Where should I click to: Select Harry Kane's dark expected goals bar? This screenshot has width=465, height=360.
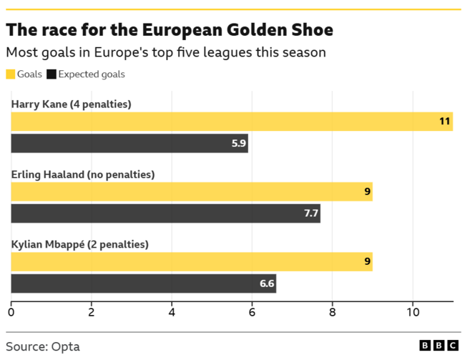point(129,143)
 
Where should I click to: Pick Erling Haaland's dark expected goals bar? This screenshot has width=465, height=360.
point(165,213)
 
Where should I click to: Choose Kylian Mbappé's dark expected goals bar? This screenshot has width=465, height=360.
point(143,283)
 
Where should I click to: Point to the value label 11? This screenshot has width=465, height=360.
point(445,122)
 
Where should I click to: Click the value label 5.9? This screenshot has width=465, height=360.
point(239,143)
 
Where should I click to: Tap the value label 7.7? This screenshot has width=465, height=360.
point(311,213)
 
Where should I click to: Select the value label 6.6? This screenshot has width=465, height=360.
point(267,283)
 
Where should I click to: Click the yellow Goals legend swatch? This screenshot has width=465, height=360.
point(11,74)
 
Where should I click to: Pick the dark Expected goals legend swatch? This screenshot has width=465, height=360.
point(52,74)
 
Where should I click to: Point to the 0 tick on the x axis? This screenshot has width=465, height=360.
point(11,312)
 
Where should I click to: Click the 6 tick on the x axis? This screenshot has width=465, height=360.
point(252,312)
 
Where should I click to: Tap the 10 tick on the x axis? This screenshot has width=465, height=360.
point(413,312)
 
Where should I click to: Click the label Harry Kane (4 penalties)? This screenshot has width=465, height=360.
point(71,104)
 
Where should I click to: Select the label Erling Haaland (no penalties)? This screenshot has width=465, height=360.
point(82,174)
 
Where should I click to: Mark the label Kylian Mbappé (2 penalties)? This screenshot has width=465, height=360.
point(79,244)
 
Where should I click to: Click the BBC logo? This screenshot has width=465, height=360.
point(438,346)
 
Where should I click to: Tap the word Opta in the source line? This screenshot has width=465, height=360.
point(65,346)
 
